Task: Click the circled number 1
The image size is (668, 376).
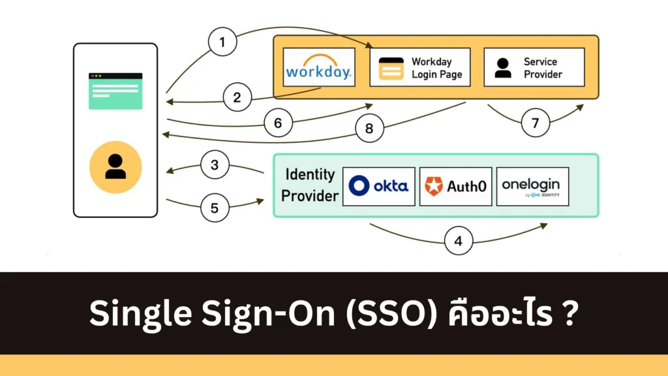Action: point(222,44)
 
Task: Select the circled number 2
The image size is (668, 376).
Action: point(237,98)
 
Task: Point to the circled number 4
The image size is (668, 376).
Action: point(459,241)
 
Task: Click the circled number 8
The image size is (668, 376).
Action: point(369,129)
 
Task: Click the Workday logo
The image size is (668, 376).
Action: point(319,67)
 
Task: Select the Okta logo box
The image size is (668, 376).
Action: point(378,186)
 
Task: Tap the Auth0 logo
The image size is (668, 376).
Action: point(456,186)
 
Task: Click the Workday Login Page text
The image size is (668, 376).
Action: point(436,68)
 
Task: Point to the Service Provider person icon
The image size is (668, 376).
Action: point(503,68)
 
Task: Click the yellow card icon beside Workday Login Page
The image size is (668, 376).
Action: point(391,68)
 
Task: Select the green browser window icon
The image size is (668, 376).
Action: point(115,90)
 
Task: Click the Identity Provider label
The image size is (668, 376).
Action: point(309,185)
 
